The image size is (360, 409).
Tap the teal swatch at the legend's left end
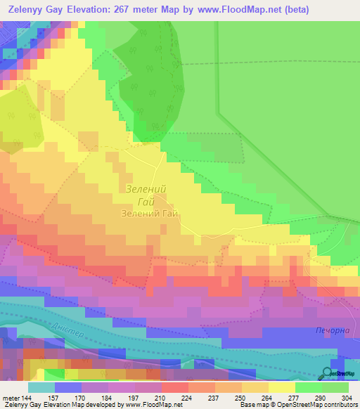[x=41, y=387]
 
